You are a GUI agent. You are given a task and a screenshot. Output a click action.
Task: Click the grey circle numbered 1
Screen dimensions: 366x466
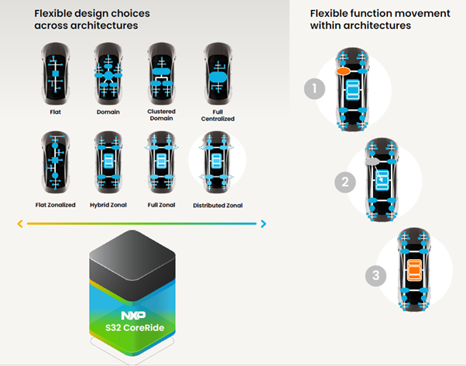tap(313, 89)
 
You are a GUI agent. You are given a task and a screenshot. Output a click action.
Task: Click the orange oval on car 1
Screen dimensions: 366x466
tap(344, 71)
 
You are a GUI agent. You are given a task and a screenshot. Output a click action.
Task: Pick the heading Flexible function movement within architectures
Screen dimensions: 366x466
tap(360, 19)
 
